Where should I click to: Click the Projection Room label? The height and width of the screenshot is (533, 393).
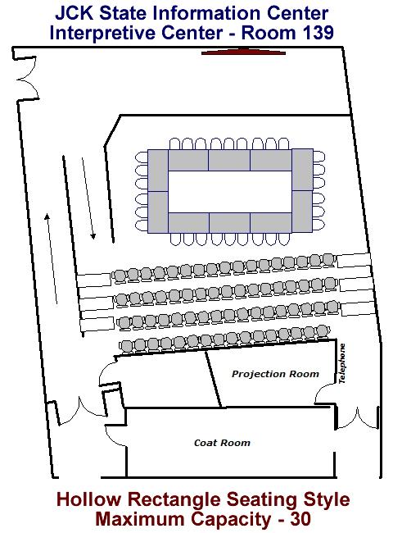pos(275,374)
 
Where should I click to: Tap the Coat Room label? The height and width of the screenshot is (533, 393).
pos(223,443)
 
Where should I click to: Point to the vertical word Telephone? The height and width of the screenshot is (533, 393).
pos(342,363)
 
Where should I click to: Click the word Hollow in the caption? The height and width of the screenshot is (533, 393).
pos(88,499)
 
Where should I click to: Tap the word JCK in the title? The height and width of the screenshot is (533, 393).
pos(75,13)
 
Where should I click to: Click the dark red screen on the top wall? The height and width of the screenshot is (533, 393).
pos(243,52)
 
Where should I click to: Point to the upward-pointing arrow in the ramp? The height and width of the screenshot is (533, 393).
pos(52,258)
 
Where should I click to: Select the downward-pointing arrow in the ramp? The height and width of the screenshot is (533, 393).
pos(88,198)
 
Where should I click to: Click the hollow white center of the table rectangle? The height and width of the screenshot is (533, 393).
pos(230,192)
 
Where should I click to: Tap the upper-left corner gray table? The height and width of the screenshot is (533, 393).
pos(158,171)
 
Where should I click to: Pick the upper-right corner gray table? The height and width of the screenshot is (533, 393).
pos(302,170)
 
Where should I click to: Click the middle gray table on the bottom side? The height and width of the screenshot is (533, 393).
pos(229,223)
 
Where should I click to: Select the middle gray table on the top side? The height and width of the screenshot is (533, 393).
pos(229,160)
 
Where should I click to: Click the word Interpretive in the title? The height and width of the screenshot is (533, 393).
pos(103,33)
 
